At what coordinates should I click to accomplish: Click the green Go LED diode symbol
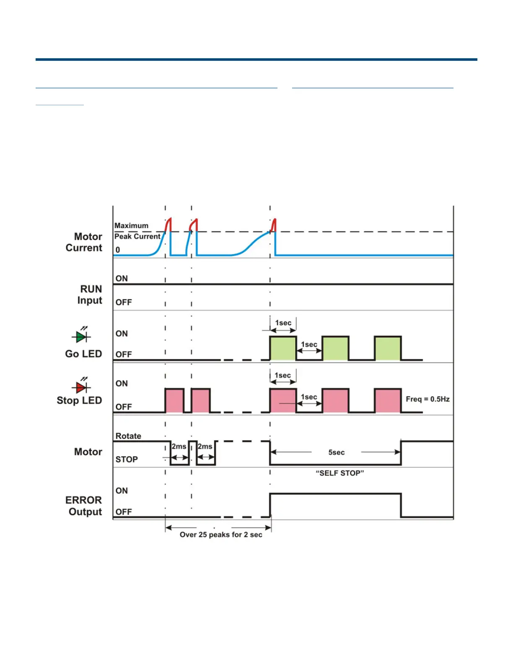coord(81,336)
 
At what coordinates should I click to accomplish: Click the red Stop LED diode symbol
coord(81,387)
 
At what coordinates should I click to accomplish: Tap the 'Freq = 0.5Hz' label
coord(427,399)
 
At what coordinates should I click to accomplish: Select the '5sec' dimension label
coord(337,452)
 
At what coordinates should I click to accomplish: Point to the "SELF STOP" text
coord(340,473)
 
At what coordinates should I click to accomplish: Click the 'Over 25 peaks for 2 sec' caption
coord(221,534)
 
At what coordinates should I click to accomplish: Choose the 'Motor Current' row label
coord(84,242)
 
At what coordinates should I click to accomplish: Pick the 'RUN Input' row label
coord(91,295)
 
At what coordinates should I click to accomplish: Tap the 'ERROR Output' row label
coord(84,506)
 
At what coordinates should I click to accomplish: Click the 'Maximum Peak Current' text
coord(137,231)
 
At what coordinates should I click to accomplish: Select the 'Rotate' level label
coord(128,436)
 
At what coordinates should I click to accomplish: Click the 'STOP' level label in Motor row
coord(127,459)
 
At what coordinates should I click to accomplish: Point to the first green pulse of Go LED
coord(283,348)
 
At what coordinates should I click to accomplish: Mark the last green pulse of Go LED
coord(388,348)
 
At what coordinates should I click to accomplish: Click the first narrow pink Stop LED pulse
coord(174,400)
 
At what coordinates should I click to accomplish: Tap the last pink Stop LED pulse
coord(388,400)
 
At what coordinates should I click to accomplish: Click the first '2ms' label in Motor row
coord(179,446)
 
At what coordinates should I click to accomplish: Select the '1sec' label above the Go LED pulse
coord(283,323)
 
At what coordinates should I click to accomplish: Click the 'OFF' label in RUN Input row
coord(124,302)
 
